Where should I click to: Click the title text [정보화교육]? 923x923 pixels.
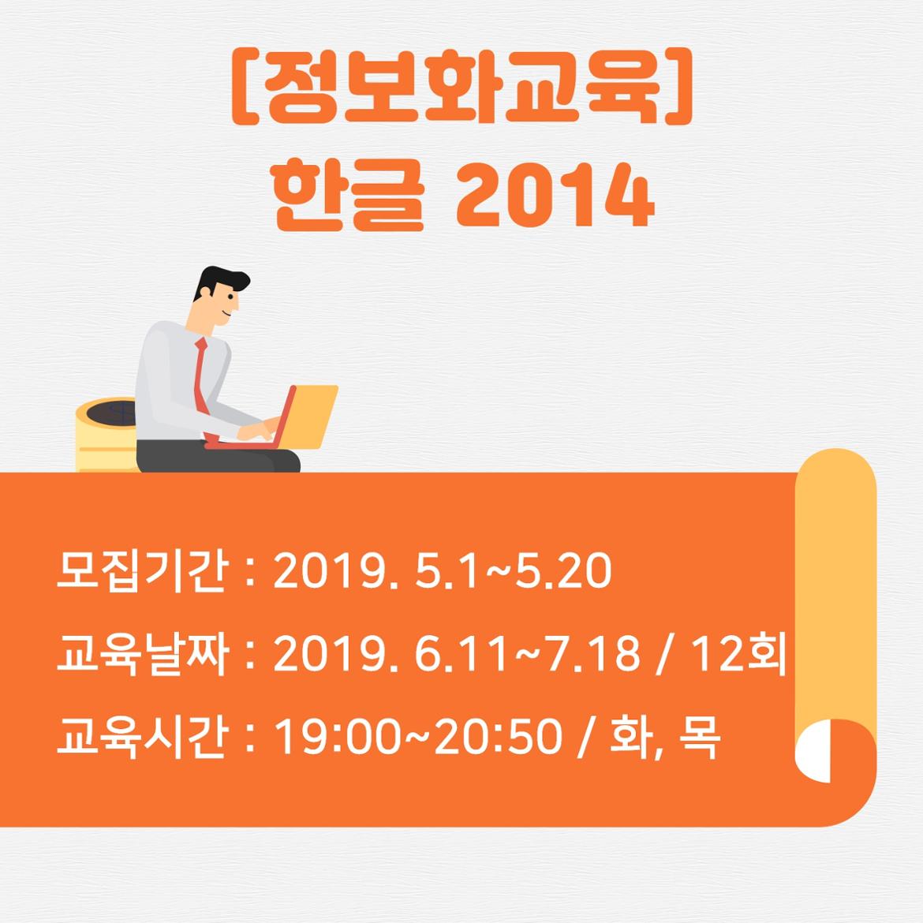coord(461,86)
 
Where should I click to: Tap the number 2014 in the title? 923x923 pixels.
coord(555,195)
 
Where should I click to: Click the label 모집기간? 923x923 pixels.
coord(140,571)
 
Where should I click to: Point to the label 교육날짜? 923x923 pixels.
coord(140,654)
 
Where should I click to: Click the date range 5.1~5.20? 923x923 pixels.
coord(514,571)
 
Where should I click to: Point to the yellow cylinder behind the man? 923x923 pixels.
coord(106,435)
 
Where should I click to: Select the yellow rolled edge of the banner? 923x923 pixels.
coord(836,589)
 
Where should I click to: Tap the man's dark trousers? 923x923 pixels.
coord(218,458)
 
